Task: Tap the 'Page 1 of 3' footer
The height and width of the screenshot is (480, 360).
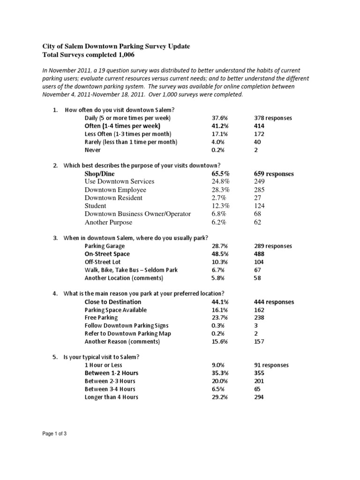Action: coord(54,434)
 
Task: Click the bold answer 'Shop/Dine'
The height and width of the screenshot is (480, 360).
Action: coord(99,173)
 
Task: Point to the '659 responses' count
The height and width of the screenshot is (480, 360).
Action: coord(273,173)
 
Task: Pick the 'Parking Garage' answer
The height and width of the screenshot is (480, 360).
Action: coord(105,246)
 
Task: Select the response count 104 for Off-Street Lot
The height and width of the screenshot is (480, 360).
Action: coord(258,262)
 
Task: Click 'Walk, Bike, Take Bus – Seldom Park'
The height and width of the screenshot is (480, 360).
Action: coord(131,270)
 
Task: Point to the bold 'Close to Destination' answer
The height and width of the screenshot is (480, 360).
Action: coord(112,302)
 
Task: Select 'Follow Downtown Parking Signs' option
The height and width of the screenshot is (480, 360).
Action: coord(126,326)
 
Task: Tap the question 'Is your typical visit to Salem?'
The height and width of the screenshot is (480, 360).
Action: coord(101,357)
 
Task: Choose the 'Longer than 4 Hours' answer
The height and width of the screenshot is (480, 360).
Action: coord(111,397)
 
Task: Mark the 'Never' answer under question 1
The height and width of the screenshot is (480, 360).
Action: coord(92,150)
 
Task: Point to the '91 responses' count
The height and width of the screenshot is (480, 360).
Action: coord(271,365)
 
